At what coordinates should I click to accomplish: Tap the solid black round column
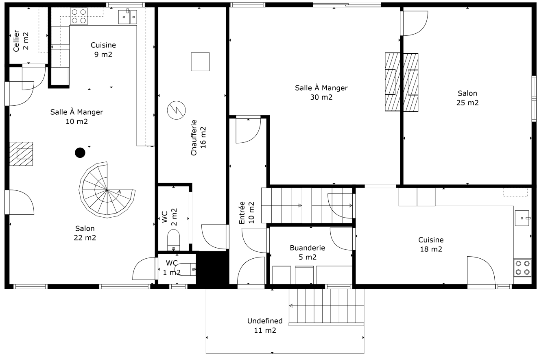point(80,153)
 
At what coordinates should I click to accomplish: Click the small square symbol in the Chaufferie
point(200,61)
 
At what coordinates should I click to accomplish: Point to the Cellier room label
point(21,41)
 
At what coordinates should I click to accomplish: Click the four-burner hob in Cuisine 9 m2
point(79,16)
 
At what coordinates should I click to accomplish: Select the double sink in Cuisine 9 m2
point(128,17)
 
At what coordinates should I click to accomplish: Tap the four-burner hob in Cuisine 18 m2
point(522,268)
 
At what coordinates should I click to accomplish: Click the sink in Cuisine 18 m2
point(523,218)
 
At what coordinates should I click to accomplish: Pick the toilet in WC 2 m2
point(174,240)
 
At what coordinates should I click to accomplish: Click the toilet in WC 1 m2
point(188,269)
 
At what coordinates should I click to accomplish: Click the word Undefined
point(264,321)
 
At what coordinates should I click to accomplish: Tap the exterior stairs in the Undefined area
point(326,306)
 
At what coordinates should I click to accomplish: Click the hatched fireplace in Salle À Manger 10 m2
point(21,154)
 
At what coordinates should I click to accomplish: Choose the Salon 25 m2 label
point(467,98)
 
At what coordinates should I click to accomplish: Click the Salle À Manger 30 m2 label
point(321,92)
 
